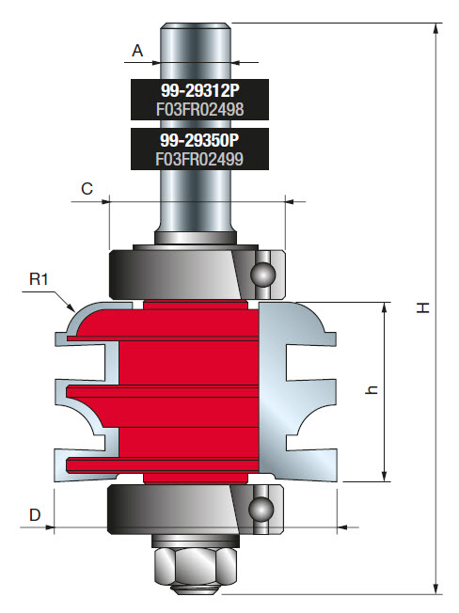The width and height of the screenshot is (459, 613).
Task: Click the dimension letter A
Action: click(x=137, y=51)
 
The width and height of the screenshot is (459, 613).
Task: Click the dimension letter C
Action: click(x=87, y=189)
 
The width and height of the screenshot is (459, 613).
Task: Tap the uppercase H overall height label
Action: click(x=424, y=307)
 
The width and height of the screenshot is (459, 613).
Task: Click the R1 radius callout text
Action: click(x=40, y=279)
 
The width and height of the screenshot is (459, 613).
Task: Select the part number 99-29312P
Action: click(x=199, y=92)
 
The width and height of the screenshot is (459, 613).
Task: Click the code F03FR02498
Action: click(x=199, y=109)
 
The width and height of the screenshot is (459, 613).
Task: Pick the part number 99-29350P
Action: click(x=199, y=142)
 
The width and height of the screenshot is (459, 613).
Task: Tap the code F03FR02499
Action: click(x=199, y=159)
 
